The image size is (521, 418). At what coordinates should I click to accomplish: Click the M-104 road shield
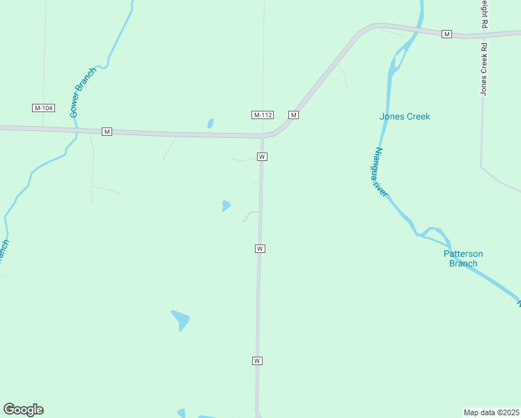43,108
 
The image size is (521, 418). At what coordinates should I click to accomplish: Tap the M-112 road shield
262,115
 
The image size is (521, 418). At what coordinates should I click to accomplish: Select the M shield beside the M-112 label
294,115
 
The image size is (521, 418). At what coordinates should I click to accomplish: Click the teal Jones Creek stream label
405,116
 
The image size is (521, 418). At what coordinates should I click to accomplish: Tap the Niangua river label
380,171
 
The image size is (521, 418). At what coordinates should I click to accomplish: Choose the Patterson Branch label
463,258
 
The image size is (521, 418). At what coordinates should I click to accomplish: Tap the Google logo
23,410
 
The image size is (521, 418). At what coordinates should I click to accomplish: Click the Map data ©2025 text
491,412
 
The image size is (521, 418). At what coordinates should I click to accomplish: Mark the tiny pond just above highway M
210,124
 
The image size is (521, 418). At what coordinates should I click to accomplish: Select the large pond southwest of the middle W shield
180,320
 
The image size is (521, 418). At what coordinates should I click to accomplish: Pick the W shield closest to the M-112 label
262,157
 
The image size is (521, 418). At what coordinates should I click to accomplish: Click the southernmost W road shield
257,361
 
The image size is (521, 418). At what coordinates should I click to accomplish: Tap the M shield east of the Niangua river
447,34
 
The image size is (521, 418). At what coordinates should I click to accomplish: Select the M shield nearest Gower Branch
107,132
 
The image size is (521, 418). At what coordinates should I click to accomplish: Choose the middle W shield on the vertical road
260,249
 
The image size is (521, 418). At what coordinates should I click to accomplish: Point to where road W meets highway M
263,136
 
